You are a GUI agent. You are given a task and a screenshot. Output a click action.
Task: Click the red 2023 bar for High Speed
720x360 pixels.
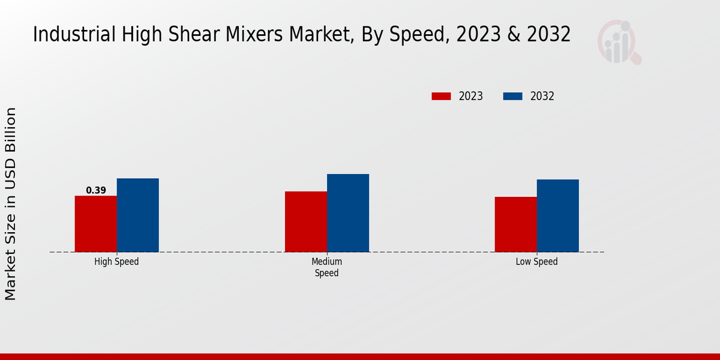coord(96,224)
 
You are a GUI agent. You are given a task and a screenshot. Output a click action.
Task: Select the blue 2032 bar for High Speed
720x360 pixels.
coord(138,215)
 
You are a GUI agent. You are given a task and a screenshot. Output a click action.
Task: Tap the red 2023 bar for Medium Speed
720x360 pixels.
coord(306,221)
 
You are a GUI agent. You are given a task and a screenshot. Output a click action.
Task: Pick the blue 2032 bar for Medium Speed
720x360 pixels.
coord(348,213)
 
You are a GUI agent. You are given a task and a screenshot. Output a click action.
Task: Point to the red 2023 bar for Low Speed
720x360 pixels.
coord(516,224)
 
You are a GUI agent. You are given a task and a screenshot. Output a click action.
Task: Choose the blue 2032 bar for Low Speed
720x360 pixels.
coord(558,215)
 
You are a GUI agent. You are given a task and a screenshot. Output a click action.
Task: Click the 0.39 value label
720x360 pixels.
coord(96,190)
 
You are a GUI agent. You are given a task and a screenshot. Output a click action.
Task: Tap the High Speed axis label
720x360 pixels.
coord(116,262)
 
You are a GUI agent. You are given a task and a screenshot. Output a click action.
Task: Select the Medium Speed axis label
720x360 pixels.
coord(326,267)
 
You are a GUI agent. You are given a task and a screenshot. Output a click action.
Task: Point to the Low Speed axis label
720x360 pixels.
coord(536,262)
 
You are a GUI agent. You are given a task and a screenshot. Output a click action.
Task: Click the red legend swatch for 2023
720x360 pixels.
coord(441,96)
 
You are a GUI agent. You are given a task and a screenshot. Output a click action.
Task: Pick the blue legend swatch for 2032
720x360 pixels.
coord(512,96)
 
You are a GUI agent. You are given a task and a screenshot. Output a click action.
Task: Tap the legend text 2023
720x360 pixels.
coord(471,96)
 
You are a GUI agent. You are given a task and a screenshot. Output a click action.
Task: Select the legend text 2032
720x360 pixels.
coord(542,96)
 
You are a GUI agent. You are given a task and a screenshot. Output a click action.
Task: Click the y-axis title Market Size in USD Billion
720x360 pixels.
coord(11,204)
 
